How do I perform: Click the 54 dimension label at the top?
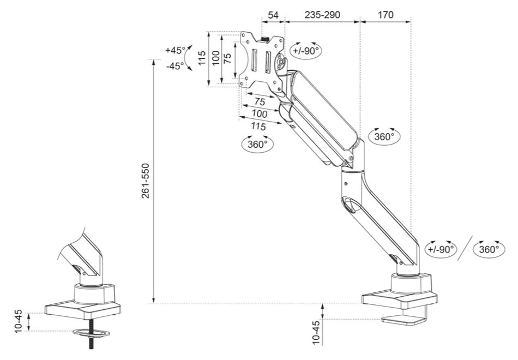pyautogui.click(x=273, y=15)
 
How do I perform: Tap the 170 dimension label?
pyautogui.click(x=385, y=15)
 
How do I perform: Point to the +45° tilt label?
pyautogui.click(x=174, y=50)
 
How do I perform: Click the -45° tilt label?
pyautogui.click(x=174, y=66)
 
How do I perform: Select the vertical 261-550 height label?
pyautogui.click(x=146, y=180)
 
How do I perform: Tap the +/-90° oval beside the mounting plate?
pyautogui.click(x=305, y=50)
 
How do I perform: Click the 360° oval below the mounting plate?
pyautogui.click(x=257, y=145)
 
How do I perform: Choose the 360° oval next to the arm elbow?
pyautogui.click(x=384, y=136)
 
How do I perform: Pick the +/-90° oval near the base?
pyautogui.click(x=441, y=249)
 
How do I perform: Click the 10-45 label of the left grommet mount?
pyautogui.click(x=18, y=321)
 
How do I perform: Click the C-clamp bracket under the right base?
pyautogui.click(x=406, y=319)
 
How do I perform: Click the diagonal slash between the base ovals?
pyautogui.click(x=465, y=249)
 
